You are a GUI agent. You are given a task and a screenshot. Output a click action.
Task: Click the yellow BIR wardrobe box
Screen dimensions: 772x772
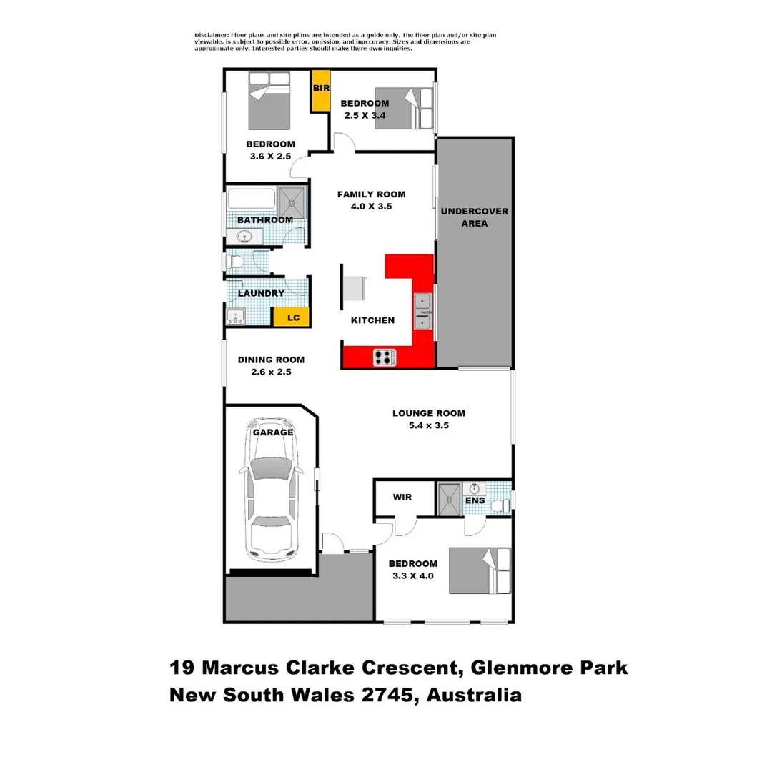click(x=320, y=91)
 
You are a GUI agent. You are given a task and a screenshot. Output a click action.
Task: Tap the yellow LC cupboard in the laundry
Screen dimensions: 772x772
click(x=292, y=317)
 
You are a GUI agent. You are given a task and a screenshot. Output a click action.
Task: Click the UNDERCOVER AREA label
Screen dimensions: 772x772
click(x=474, y=217)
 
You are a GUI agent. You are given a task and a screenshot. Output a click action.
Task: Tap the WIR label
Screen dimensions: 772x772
click(x=402, y=498)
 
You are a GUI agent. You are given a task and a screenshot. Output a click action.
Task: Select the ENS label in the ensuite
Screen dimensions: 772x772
click(x=475, y=500)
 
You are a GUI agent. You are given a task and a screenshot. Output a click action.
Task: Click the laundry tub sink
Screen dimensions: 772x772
click(x=235, y=316)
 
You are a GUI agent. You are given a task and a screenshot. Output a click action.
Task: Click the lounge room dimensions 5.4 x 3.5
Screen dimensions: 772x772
click(x=429, y=425)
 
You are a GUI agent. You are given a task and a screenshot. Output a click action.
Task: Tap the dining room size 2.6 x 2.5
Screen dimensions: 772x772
click(x=271, y=372)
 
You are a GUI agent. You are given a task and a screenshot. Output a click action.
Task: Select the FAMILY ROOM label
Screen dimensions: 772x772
click(x=371, y=194)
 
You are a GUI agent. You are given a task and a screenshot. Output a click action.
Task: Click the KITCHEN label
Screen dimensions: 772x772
click(x=372, y=320)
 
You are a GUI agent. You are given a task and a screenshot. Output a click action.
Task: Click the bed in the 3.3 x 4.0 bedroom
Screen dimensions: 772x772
click(x=480, y=570)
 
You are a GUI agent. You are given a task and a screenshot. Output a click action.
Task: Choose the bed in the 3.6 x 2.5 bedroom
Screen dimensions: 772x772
click(x=269, y=99)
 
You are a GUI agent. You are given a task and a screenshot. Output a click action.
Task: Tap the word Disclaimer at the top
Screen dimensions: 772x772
click(x=211, y=35)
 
